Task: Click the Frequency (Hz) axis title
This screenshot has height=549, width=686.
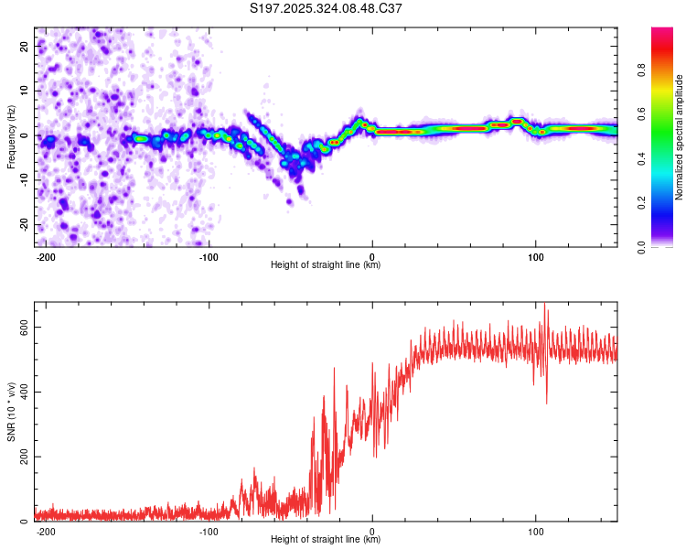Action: (x=11, y=136)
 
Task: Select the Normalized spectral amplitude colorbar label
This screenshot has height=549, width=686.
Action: (x=680, y=136)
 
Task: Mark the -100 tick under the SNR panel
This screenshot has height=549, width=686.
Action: (x=209, y=530)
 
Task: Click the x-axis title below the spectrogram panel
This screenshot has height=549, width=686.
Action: (x=326, y=265)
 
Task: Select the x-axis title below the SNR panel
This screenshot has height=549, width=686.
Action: (x=326, y=540)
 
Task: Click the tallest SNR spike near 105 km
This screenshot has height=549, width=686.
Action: (x=546, y=306)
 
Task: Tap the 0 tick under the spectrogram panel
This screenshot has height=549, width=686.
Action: (x=372, y=255)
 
